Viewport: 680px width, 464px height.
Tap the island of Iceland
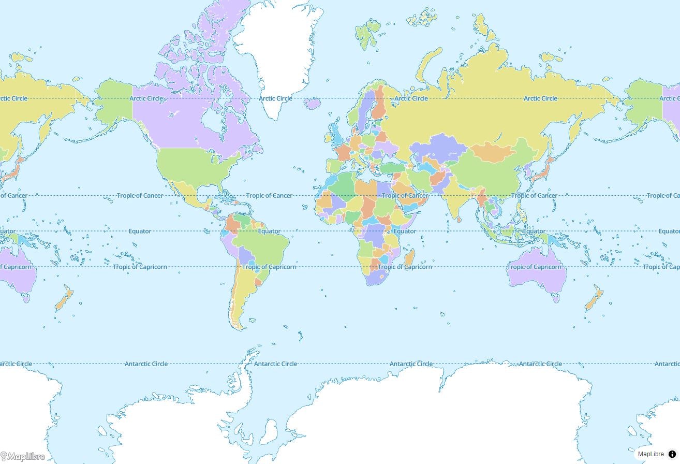(313, 104)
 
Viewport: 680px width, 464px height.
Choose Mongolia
(492, 151)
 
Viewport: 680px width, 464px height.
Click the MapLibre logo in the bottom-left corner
(23, 456)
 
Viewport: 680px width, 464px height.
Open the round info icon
(672, 454)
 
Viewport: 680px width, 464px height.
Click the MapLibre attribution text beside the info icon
(651, 454)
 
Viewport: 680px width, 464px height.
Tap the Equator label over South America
(269, 231)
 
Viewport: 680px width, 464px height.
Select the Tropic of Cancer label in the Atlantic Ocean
(269, 196)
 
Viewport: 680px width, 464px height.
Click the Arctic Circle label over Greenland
(275, 98)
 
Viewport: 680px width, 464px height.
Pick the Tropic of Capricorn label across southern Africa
(404, 267)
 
